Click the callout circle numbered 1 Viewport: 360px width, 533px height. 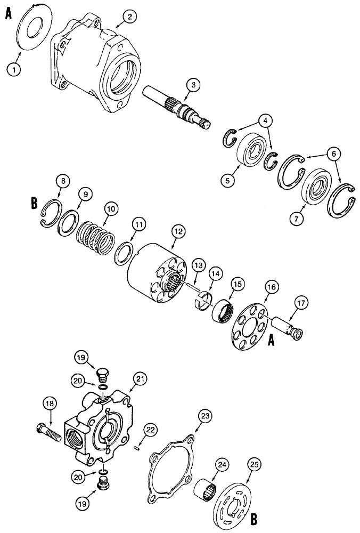[x=14, y=68]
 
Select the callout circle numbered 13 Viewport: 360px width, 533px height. [x=199, y=265]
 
